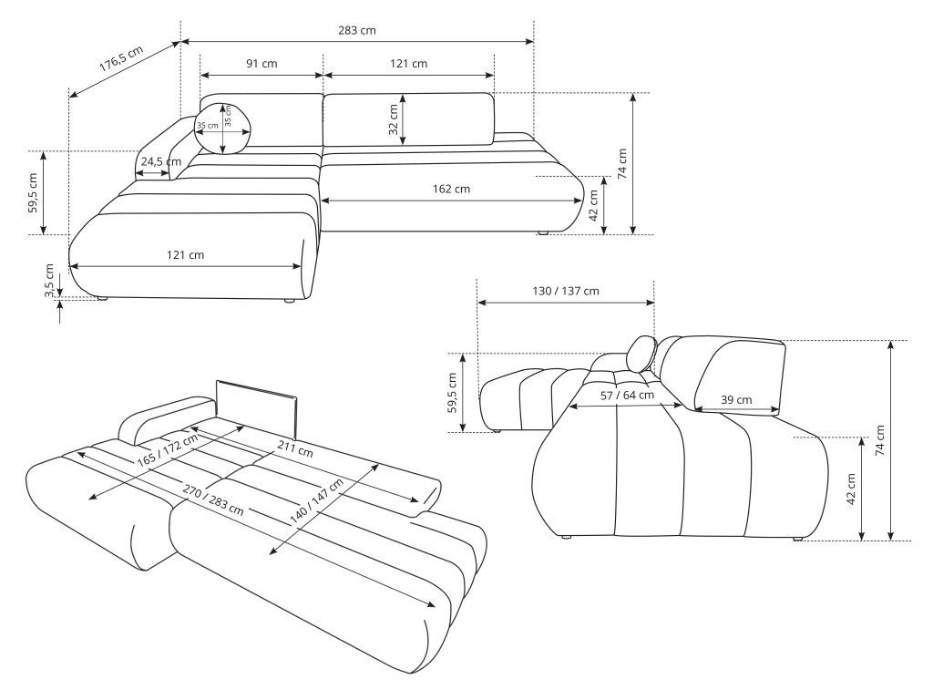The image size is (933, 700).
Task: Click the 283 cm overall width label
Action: click(356, 30)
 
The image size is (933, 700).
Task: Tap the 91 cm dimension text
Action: click(261, 64)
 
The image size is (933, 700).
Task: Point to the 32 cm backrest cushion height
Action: click(394, 119)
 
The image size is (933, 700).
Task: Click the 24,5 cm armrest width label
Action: click(160, 161)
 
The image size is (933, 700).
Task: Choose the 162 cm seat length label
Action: click(451, 189)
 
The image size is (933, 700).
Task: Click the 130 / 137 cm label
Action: click(565, 291)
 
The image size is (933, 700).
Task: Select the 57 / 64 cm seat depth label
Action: click(626, 396)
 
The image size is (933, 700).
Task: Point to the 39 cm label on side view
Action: click(736, 399)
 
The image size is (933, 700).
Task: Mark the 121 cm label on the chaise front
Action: click(185, 254)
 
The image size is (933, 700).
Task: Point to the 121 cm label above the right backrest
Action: click(408, 64)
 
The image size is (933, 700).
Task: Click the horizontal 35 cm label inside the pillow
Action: click(208, 126)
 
